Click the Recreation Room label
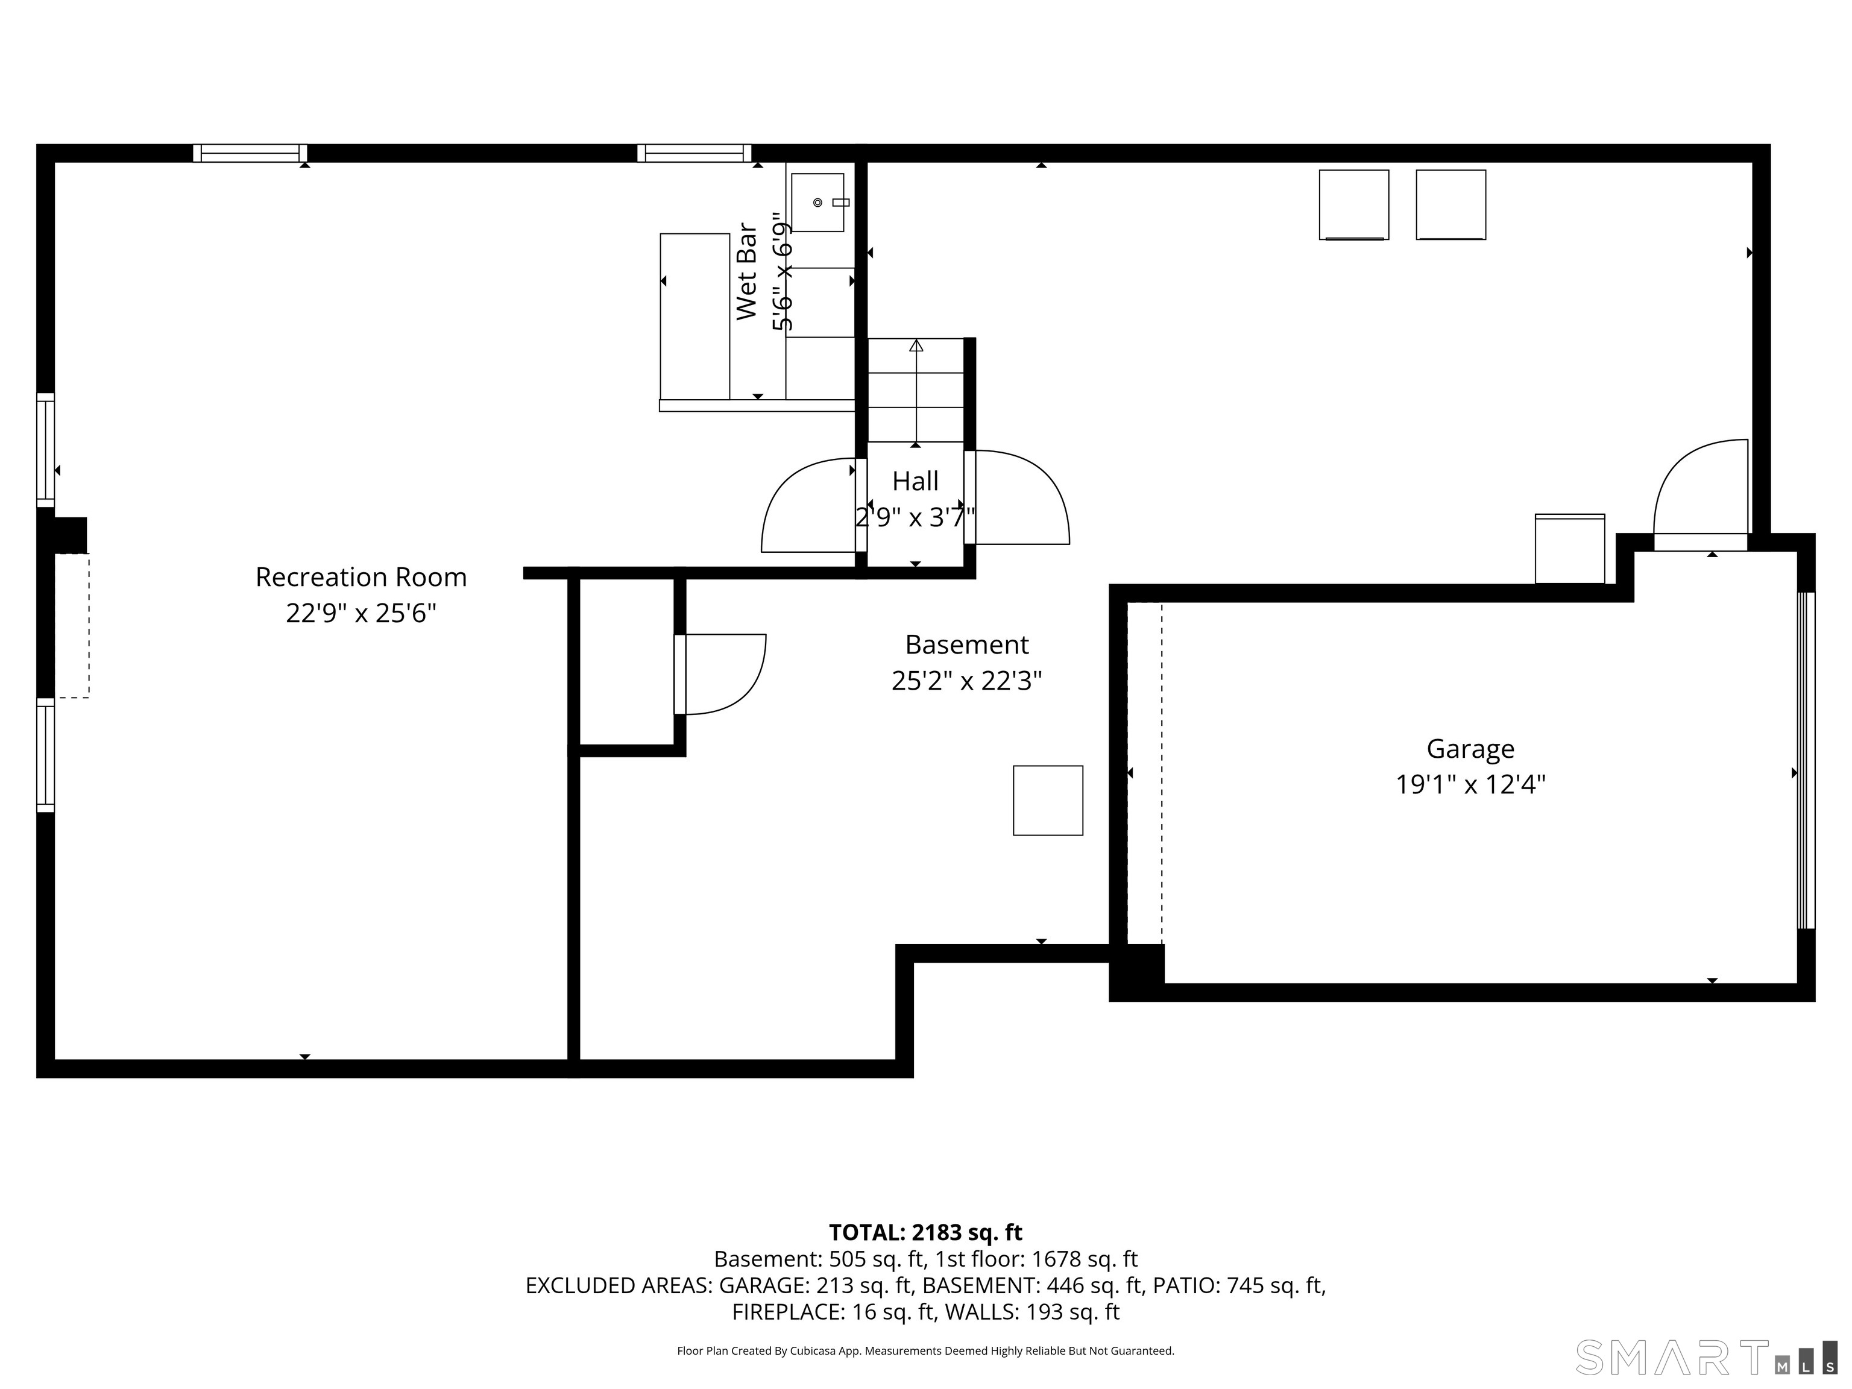tap(361, 577)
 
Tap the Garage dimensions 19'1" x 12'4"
tap(1470, 784)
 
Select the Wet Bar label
tap(746, 271)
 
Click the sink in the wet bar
tap(817, 203)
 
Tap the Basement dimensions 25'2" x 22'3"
tap(966, 681)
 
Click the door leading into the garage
tap(1701, 494)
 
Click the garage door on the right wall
tap(1807, 761)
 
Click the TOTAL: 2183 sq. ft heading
tap(925, 1232)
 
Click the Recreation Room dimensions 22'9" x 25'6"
tap(361, 614)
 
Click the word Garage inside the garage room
tap(1470, 749)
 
